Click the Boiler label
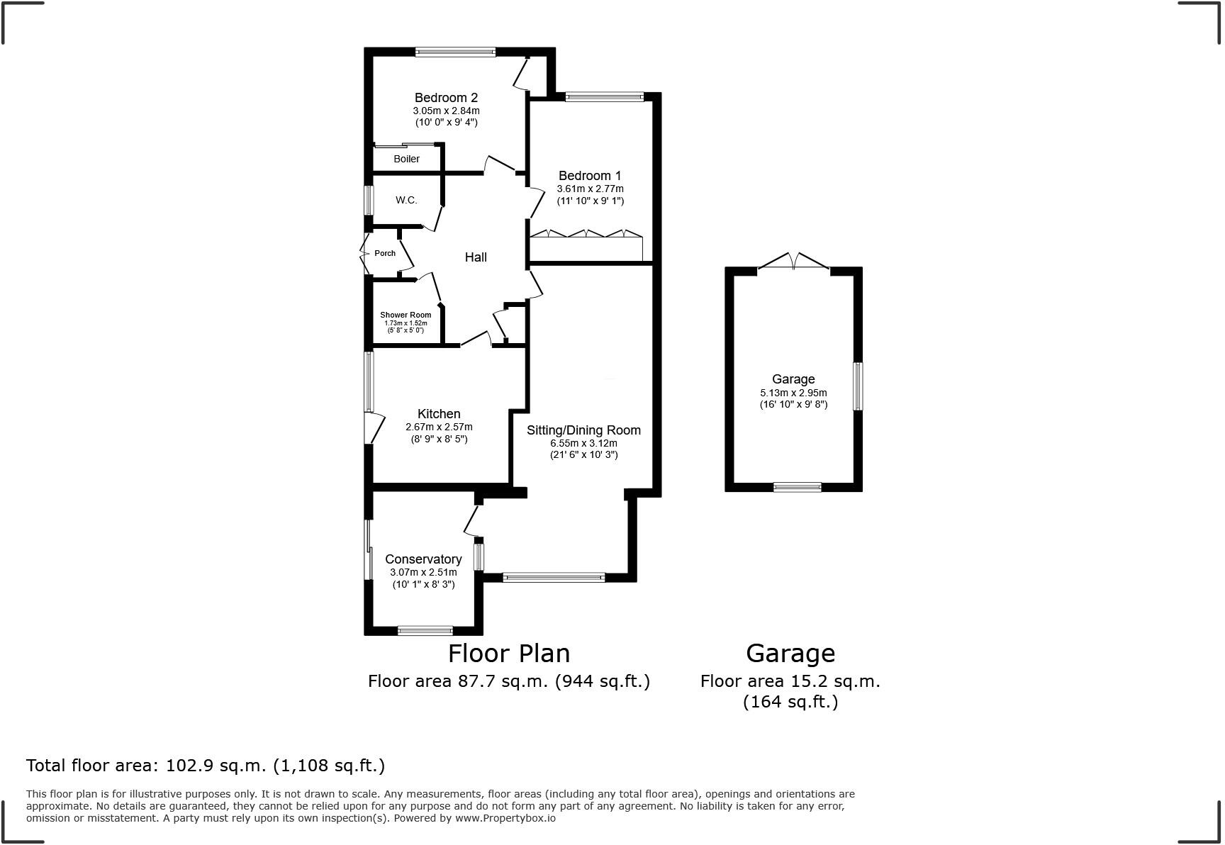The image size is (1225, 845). (x=406, y=159)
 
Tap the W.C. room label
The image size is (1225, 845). (x=406, y=200)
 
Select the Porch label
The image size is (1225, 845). (x=385, y=253)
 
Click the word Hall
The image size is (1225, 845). (x=476, y=257)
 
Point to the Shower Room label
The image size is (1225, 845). (x=405, y=315)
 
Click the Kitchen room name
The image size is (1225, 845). (x=439, y=414)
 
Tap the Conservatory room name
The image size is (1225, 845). (x=423, y=559)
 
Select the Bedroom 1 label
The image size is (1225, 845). (x=590, y=176)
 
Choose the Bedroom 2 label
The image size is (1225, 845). (x=446, y=98)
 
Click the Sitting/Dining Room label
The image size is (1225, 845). (x=583, y=430)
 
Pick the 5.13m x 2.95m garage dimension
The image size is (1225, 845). (x=793, y=393)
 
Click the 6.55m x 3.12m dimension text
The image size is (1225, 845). (x=583, y=443)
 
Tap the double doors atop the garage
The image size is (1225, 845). (x=794, y=262)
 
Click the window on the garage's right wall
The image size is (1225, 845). (x=858, y=386)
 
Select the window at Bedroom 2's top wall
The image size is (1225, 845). (x=455, y=52)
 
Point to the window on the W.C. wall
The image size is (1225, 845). (x=369, y=200)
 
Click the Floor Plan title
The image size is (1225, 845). (x=509, y=653)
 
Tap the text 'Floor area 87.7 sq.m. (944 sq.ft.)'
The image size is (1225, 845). (x=509, y=681)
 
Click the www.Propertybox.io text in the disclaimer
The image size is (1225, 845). (x=505, y=818)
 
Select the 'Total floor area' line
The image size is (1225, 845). (x=206, y=766)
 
